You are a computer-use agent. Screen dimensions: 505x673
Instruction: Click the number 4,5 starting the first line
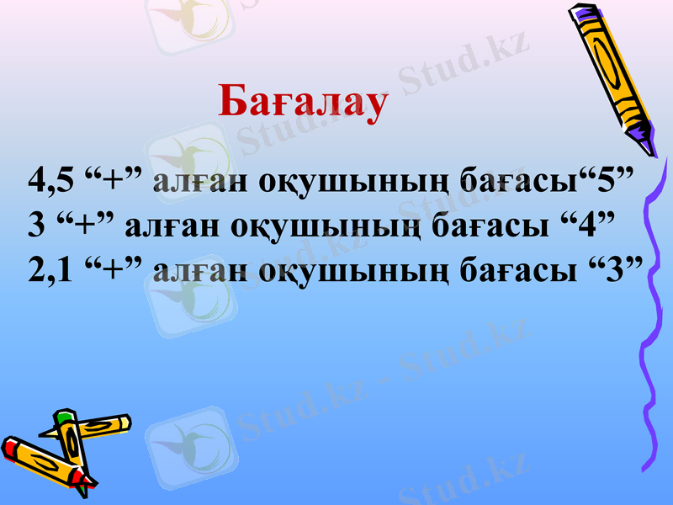coord(51,181)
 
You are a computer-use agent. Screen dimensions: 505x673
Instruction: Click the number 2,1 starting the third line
coord(51,272)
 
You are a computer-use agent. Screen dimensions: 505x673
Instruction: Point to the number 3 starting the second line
coord(35,225)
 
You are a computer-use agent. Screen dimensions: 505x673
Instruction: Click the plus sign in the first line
coord(113,179)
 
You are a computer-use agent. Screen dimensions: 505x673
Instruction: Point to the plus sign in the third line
coord(113,270)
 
